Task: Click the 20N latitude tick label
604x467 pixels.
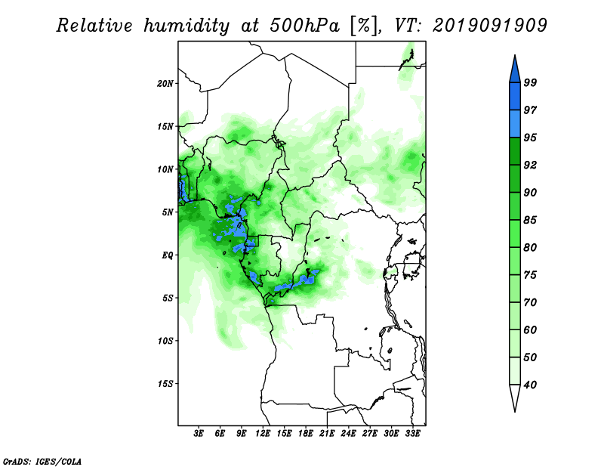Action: pyautogui.click(x=165, y=84)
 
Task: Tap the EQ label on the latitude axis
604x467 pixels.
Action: pyautogui.click(x=167, y=255)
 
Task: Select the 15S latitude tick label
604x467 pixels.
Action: pyautogui.click(x=165, y=384)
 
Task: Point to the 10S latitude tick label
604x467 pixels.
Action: pyautogui.click(x=165, y=341)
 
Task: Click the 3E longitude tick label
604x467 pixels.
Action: pyautogui.click(x=199, y=434)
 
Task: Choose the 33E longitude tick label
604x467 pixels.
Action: pyautogui.click(x=412, y=434)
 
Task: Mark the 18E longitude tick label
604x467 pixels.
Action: pyautogui.click(x=306, y=434)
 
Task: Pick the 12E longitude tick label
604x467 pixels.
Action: pyautogui.click(x=263, y=434)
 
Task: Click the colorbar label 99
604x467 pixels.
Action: pyautogui.click(x=530, y=82)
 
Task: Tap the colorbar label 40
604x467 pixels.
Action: pyautogui.click(x=530, y=385)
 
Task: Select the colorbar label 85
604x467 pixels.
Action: pyautogui.click(x=530, y=220)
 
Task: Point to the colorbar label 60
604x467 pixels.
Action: pyautogui.click(x=530, y=329)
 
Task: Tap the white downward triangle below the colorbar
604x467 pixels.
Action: pyautogui.click(x=515, y=397)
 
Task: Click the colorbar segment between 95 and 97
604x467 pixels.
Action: pyautogui.click(x=515, y=124)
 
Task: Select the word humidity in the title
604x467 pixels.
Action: pyautogui.click(x=186, y=26)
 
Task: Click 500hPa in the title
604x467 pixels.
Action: pyautogui.click(x=304, y=26)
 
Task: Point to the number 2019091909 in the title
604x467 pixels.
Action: pyautogui.click(x=489, y=25)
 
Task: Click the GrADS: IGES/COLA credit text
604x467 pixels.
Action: pyautogui.click(x=42, y=461)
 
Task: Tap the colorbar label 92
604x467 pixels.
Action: pyautogui.click(x=530, y=165)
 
